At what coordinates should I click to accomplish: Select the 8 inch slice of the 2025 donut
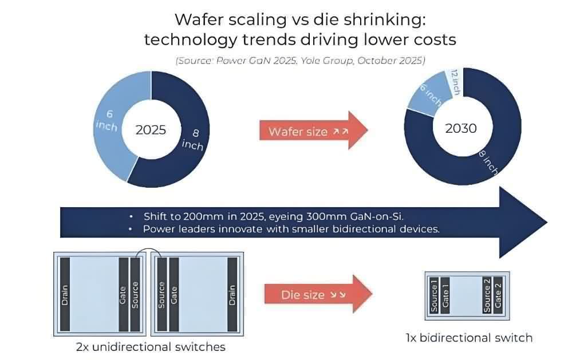189,137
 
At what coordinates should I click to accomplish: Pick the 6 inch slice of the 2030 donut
427,97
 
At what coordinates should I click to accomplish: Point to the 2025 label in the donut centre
151,129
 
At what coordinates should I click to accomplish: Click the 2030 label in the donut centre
460,128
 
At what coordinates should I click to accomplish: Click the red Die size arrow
318,295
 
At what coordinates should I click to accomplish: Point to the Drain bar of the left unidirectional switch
65,294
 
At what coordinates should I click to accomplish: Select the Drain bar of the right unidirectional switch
232,294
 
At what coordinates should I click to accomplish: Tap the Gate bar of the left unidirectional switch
123,294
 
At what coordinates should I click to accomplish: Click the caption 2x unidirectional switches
151,347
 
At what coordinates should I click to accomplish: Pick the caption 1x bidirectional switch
468,337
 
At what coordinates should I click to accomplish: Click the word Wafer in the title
197,19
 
